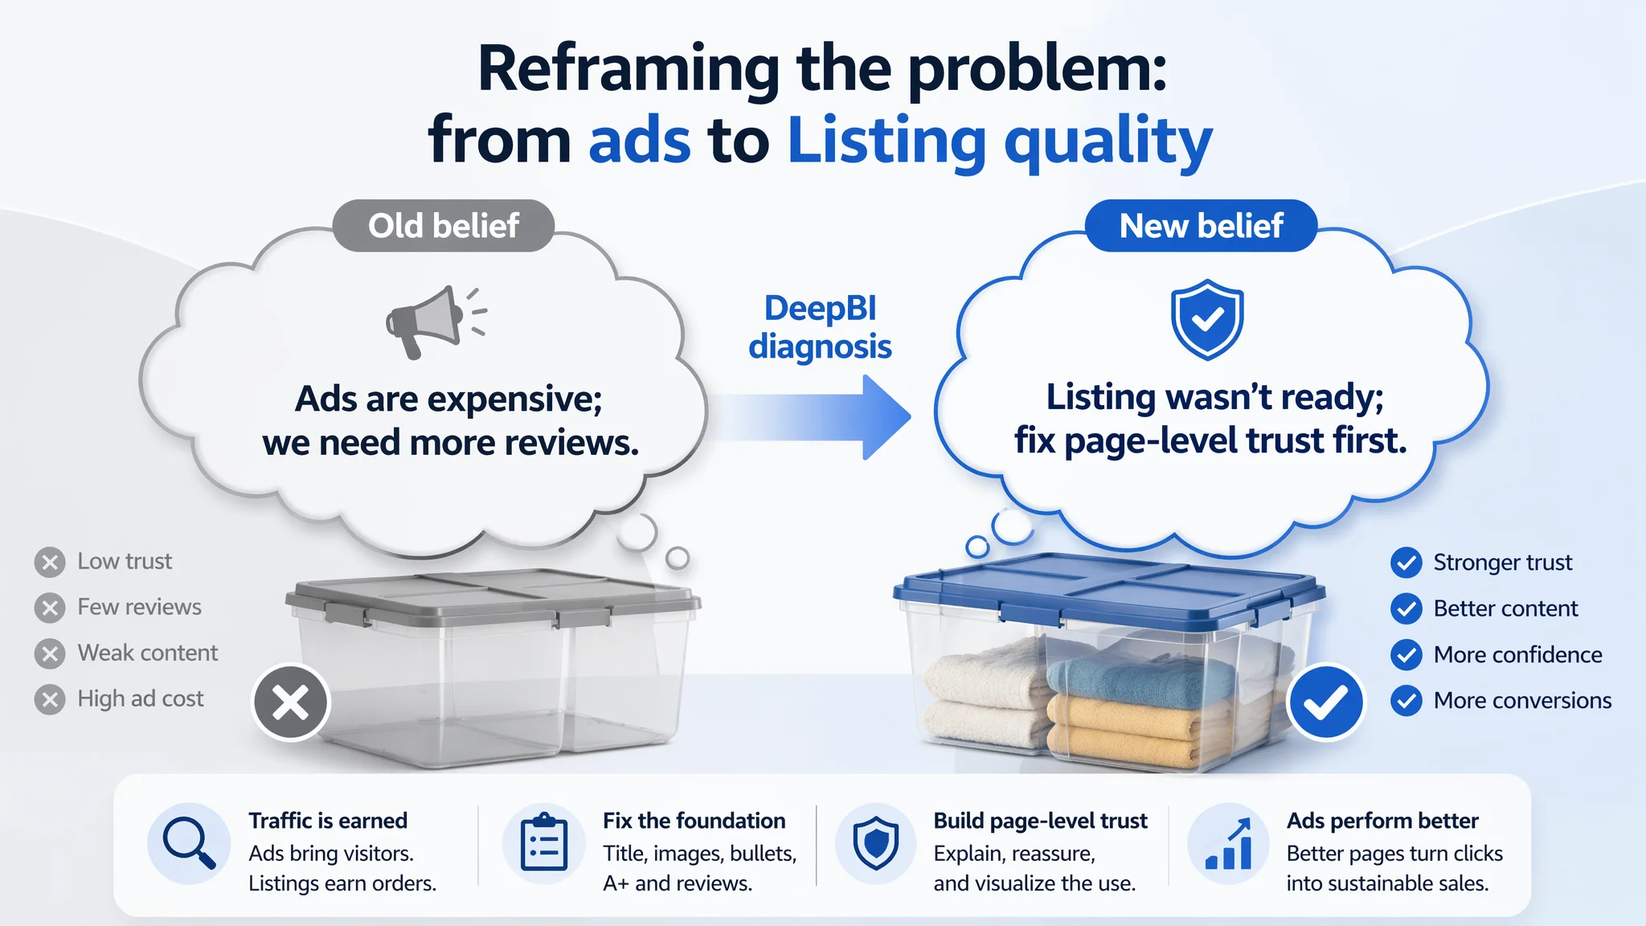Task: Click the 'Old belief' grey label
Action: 444,226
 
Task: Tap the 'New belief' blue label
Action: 1201,226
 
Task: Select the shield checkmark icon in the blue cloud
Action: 1207,319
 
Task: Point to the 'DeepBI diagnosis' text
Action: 821,327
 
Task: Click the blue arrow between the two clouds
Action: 812,418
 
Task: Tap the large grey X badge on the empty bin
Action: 291,703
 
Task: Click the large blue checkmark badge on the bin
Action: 1325,702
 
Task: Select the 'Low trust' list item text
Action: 125,561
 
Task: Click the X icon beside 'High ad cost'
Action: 50,699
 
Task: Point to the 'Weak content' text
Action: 148,653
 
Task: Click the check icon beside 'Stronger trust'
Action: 1406,563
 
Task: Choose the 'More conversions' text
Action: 1523,700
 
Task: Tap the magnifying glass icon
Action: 189,843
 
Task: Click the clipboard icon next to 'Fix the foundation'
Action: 544,842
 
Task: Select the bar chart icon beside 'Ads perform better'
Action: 1229,843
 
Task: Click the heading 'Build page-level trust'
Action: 1041,821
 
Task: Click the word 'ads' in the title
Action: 640,140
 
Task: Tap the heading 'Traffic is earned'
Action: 328,821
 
